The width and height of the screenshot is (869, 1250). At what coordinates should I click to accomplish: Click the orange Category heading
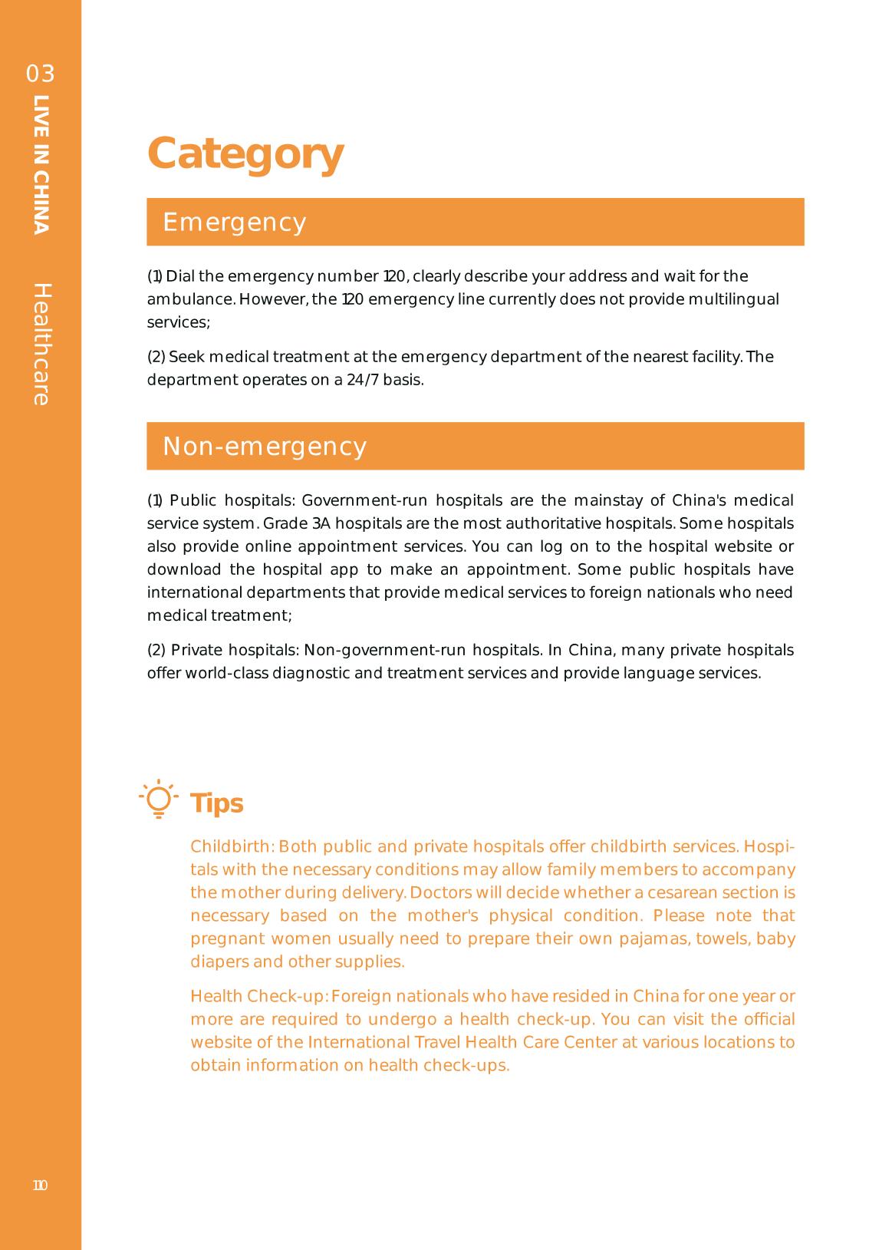(x=245, y=153)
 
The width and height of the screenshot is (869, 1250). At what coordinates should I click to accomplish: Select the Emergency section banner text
(x=235, y=223)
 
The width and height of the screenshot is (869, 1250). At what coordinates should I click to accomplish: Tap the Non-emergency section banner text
(x=265, y=447)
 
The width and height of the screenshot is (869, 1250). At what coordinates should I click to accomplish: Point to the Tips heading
(x=217, y=803)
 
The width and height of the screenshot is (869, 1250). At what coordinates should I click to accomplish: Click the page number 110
(x=40, y=1186)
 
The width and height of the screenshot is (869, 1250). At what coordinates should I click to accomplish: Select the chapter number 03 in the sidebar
(x=41, y=74)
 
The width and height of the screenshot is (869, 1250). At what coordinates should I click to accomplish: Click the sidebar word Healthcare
(x=41, y=345)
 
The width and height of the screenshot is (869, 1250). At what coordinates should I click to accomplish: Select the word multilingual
(x=733, y=299)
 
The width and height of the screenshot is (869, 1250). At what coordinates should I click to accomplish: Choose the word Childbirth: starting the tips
(x=232, y=847)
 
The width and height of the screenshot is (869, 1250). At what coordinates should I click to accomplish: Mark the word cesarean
(x=681, y=893)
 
